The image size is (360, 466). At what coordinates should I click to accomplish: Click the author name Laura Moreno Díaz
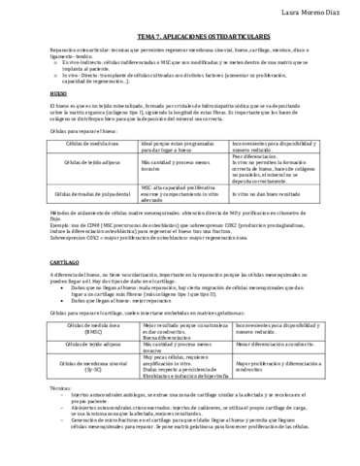click(x=311, y=11)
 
